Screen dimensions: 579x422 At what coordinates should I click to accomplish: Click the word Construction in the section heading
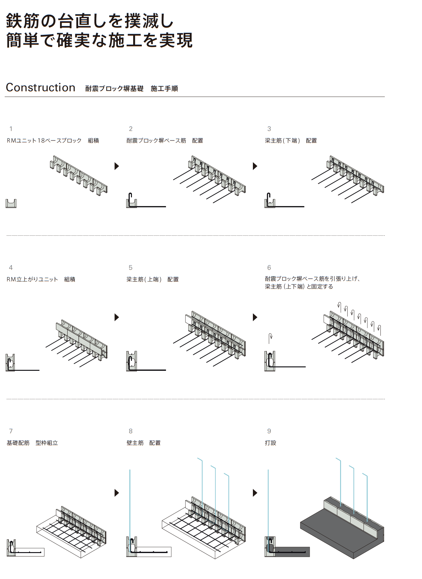click(41, 88)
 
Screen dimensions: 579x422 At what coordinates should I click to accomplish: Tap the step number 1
click(11, 129)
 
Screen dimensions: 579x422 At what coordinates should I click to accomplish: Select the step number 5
click(131, 268)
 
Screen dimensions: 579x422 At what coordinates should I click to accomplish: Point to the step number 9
click(269, 431)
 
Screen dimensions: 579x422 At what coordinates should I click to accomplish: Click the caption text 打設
click(270, 443)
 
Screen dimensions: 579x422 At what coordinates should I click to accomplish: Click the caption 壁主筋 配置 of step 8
click(143, 443)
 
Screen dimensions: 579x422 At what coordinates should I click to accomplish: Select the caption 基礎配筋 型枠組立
click(32, 443)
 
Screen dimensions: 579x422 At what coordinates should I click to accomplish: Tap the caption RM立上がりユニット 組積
click(41, 279)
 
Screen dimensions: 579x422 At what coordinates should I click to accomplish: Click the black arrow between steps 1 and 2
click(117, 166)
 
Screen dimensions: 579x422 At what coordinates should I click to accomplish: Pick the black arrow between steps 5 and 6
click(255, 317)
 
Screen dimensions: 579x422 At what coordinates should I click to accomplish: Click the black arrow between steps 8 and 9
click(255, 493)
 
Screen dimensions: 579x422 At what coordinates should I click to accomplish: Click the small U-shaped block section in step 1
click(11, 204)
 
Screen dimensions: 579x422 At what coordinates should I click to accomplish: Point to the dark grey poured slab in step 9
click(338, 531)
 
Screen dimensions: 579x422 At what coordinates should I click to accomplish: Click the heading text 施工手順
click(164, 89)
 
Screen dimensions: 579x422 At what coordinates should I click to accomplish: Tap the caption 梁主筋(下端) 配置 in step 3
click(291, 141)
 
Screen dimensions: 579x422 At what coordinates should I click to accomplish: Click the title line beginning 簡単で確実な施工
click(99, 40)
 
